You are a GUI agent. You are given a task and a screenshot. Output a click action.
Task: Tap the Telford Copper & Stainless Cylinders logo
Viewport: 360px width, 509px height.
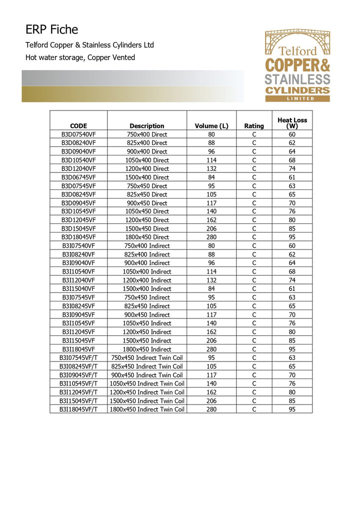297,65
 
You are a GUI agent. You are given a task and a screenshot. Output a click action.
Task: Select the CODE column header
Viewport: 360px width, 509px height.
78,126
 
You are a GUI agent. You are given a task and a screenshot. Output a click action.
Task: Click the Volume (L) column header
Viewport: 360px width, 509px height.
211,126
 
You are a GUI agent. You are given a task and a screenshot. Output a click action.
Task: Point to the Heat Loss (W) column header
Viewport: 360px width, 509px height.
292,123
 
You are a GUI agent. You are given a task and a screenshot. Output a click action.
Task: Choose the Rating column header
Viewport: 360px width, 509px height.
254,126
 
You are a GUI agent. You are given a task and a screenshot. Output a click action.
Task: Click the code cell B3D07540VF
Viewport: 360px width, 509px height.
78,134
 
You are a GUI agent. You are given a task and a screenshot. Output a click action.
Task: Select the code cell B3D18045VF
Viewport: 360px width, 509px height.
78,237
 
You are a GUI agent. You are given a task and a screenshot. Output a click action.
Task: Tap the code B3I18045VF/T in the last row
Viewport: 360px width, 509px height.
78,409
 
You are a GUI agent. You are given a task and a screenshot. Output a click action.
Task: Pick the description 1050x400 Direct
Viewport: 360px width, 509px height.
147,160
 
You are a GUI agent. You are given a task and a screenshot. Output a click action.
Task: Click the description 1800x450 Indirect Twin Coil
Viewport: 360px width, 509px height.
147,409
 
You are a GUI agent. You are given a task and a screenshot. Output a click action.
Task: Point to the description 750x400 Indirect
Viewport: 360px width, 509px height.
147,245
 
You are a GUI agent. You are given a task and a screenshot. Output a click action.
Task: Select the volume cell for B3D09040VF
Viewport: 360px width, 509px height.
211,151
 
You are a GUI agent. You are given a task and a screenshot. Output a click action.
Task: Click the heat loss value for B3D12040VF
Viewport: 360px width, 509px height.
292,168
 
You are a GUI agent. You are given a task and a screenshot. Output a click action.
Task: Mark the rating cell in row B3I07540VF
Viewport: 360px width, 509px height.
254,245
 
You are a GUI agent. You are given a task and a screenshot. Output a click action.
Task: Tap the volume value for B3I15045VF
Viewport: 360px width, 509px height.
211,340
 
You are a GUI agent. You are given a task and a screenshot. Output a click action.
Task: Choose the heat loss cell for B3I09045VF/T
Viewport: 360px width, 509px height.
292,375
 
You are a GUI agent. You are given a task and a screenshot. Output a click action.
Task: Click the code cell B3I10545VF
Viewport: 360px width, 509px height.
78,323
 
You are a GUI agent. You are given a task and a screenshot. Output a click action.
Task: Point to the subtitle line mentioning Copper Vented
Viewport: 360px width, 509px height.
80,57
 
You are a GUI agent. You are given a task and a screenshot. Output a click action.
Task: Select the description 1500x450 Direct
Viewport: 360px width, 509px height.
147,228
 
